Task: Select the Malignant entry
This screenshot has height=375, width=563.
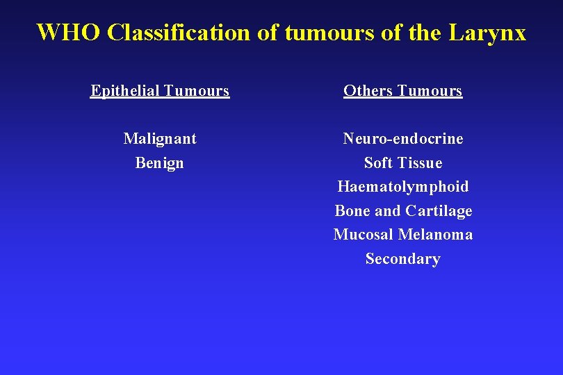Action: coord(160,139)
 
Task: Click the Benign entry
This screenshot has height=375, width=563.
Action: coord(160,163)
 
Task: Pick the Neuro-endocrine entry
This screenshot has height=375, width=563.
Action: coord(403,139)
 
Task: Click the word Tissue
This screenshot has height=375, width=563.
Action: coord(421,163)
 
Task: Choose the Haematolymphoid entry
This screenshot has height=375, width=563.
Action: coord(403,187)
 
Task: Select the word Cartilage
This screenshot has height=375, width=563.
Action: coord(439,211)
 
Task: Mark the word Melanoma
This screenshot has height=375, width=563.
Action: coord(435,235)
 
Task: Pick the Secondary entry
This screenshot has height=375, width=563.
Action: coord(403,259)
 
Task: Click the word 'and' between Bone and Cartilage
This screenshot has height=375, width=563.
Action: coord(389,211)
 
